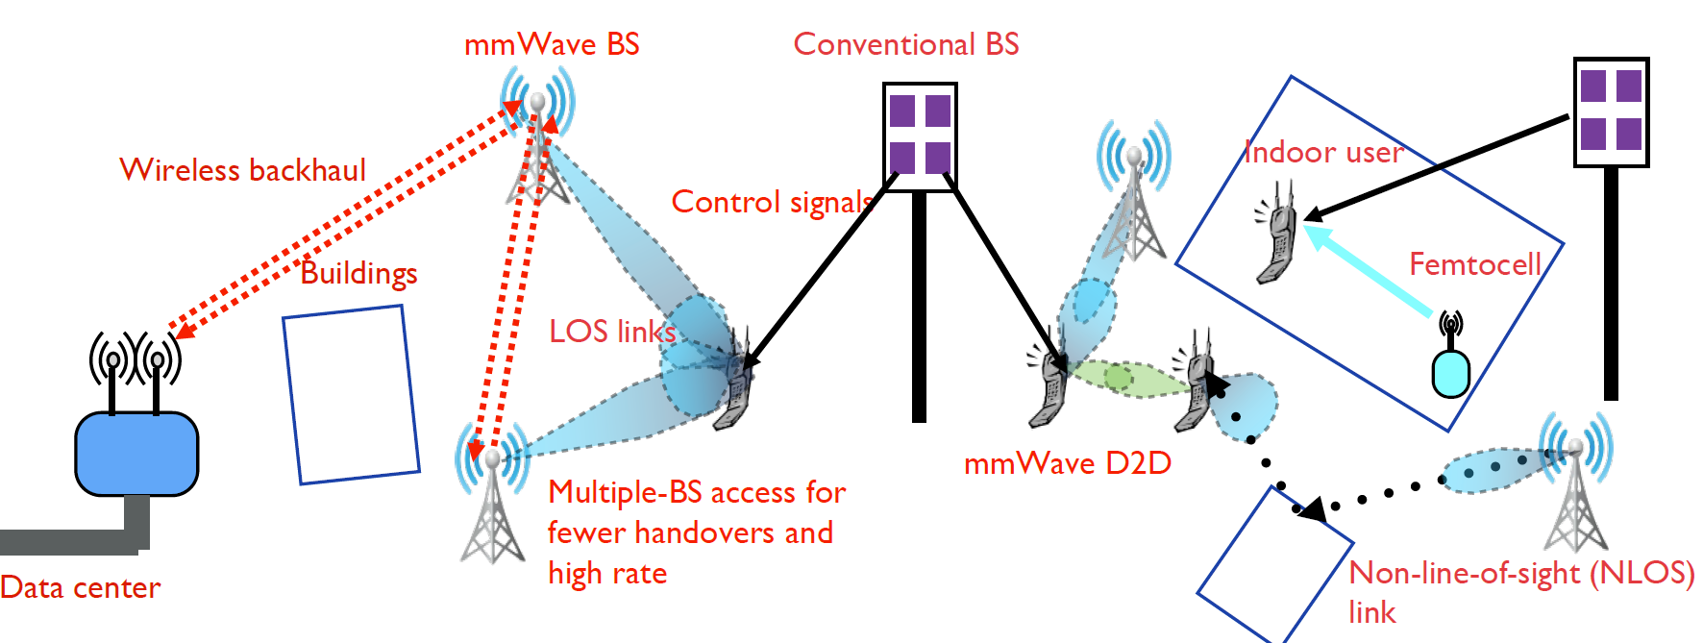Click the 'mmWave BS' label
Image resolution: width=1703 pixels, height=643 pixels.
click(x=552, y=44)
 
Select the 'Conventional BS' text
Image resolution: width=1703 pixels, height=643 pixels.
click(x=905, y=44)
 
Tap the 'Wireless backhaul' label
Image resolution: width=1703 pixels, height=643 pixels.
click(x=243, y=170)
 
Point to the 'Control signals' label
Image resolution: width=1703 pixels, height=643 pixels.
click(x=772, y=202)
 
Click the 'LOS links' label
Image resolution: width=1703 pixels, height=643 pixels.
click(x=612, y=332)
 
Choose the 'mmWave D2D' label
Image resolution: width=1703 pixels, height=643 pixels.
click(x=1067, y=463)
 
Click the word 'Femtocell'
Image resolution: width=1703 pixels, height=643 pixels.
click(x=1474, y=264)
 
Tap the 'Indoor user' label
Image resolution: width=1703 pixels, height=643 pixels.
click(x=1323, y=152)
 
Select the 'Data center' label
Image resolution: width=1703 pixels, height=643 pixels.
click(x=81, y=587)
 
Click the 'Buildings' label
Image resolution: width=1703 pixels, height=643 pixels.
click(x=358, y=274)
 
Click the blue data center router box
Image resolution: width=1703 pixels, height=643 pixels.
click(x=136, y=454)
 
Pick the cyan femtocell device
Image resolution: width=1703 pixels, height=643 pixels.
click(x=1450, y=373)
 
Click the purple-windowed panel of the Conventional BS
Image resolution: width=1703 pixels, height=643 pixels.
click(x=920, y=136)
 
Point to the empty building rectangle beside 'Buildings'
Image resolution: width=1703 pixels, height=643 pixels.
click(x=351, y=394)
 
